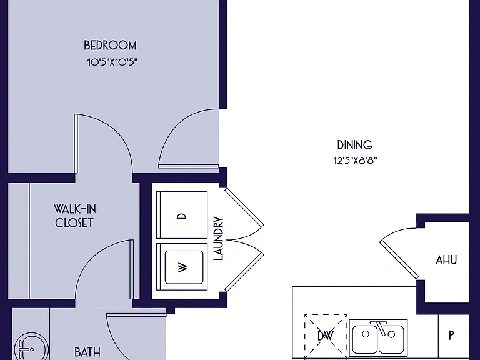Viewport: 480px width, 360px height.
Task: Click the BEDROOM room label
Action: tap(110, 45)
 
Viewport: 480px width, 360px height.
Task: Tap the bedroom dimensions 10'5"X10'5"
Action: tap(112, 62)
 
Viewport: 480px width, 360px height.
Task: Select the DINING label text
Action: tap(355, 145)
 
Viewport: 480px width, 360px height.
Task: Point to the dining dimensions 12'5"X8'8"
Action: tap(355, 161)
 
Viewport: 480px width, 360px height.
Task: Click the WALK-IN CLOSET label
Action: tap(75, 216)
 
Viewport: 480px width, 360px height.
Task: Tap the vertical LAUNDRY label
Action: tap(218, 239)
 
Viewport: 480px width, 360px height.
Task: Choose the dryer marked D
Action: tap(182, 215)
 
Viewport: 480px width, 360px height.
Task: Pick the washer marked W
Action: tap(182, 267)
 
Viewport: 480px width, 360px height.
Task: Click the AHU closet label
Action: tap(446, 260)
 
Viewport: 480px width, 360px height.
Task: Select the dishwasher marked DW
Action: tap(326, 336)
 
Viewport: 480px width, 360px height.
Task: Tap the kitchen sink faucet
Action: tap(379, 327)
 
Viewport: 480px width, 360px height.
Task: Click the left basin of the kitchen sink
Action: tap(365, 340)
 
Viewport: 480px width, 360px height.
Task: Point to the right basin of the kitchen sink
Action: tap(391, 340)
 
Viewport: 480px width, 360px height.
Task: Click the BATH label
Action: tap(87, 352)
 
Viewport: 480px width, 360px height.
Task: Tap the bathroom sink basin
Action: tap(31, 346)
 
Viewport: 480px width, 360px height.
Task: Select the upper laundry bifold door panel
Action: tap(244, 207)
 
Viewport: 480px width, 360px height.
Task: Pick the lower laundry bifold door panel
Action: tap(244, 271)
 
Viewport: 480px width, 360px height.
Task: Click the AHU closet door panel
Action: tap(399, 259)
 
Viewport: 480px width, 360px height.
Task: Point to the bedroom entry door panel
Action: tap(188, 166)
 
